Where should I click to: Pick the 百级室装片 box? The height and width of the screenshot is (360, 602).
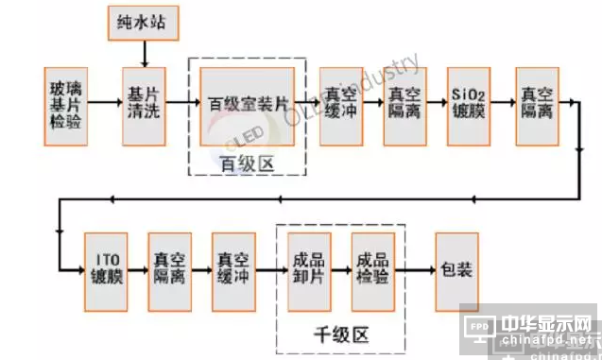click(x=249, y=105)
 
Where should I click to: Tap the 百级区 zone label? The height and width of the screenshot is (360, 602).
click(x=248, y=164)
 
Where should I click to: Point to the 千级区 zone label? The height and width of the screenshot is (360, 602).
click(x=340, y=333)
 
